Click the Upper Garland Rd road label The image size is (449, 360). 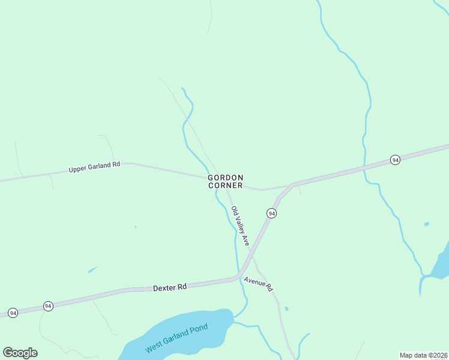pos(94,167)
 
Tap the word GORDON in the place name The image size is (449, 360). pos(226,178)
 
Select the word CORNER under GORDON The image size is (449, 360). pos(226,186)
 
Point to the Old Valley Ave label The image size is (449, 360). pos(240,226)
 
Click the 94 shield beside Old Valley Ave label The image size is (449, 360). pos(271,214)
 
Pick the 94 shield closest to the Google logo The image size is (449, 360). pos(13,313)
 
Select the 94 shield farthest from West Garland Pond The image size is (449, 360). pos(395,160)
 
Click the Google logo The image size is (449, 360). pos(20,353)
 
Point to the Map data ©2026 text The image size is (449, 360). pos(424,355)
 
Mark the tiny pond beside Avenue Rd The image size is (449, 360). pos(286,309)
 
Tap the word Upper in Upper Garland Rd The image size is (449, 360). pos(78,169)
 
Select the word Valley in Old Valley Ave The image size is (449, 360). pos(239,225)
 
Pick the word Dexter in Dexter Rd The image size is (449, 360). pos(163,289)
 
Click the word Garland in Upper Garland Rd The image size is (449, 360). pos(99,166)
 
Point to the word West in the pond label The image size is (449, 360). pos(154,347)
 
